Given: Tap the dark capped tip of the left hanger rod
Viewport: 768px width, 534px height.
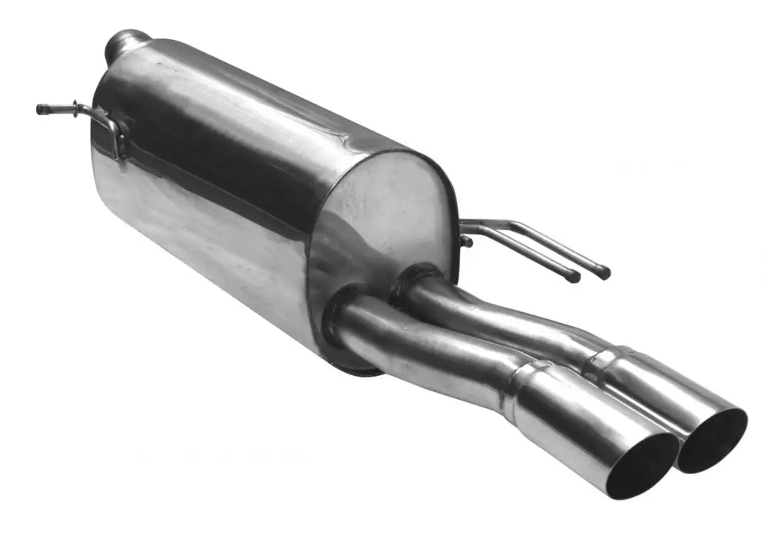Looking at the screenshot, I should [41, 109].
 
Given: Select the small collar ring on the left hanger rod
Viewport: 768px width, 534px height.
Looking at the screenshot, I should [75, 109].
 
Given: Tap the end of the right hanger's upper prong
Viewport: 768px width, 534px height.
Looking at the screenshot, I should [604, 272].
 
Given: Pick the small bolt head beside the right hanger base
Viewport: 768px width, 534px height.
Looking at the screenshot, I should [466, 242].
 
